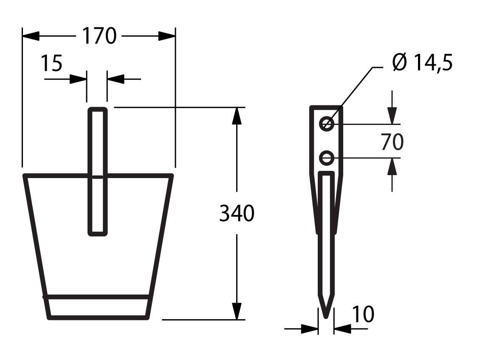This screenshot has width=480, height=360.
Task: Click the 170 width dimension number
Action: (x=99, y=36)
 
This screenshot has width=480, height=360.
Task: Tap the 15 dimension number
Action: (x=51, y=63)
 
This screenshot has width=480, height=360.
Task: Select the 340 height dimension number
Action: (x=237, y=213)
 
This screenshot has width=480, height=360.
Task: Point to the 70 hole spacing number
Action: (x=392, y=142)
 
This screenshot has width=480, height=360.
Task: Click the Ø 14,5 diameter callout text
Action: (x=423, y=62)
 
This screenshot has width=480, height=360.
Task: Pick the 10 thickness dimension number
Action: (x=363, y=314)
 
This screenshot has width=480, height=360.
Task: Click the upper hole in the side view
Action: (x=327, y=124)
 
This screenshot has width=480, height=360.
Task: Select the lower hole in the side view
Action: (x=327, y=159)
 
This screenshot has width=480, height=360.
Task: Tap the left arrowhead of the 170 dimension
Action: (x=31, y=36)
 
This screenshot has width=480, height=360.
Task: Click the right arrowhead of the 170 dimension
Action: (x=167, y=36)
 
